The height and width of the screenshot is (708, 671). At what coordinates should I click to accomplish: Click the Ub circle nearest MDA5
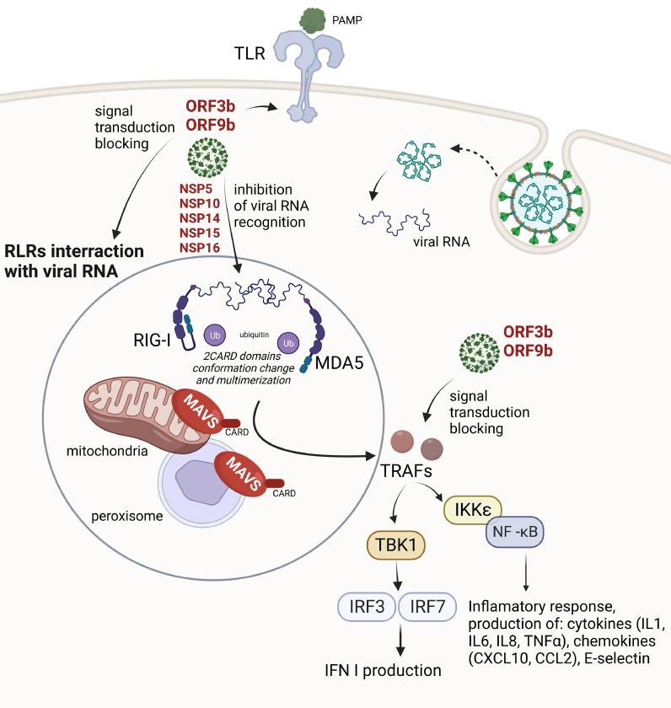[x=289, y=344]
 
